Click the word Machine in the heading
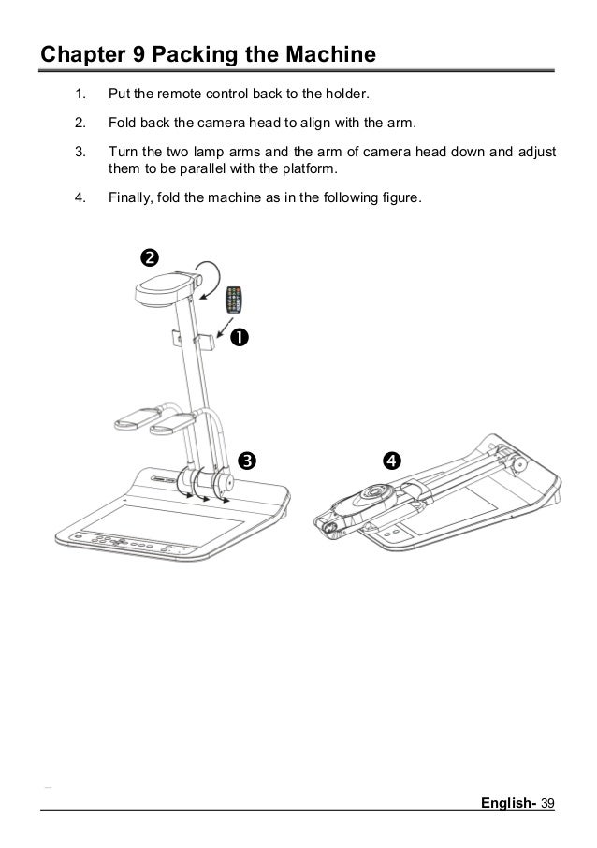pyautogui.click(x=329, y=55)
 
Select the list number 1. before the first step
pyautogui.click(x=80, y=95)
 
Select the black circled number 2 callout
pyautogui.click(x=148, y=256)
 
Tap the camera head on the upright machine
pyautogui.click(x=167, y=285)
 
